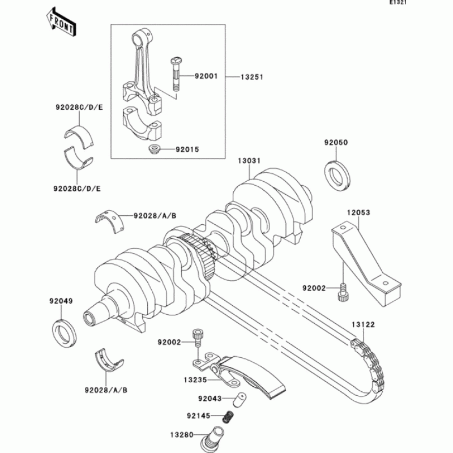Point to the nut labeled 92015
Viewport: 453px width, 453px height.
coord(153,150)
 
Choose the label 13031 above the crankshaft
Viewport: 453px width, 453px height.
coord(249,161)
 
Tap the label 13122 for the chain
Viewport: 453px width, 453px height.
coord(362,324)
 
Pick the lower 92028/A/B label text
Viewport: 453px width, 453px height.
coord(106,390)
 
